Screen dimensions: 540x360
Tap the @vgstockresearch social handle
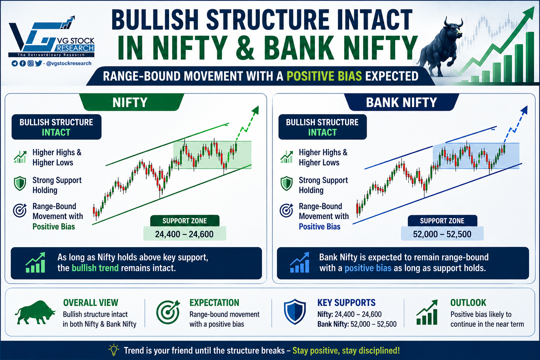(x=69, y=63)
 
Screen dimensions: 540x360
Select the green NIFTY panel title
(x=130, y=102)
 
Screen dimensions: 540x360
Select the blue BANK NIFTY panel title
(x=401, y=102)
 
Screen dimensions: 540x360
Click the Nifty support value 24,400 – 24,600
(x=185, y=234)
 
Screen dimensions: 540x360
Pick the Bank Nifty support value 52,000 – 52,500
(x=442, y=234)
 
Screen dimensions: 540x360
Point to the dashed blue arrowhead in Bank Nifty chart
(x=524, y=110)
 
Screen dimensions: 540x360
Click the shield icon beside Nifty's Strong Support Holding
(x=20, y=184)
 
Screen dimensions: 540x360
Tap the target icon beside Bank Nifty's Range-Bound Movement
(x=287, y=210)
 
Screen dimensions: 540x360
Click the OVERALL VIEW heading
(x=91, y=303)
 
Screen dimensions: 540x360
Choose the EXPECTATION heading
(x=214, y=303)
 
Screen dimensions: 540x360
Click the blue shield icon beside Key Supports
(x=295, y=312)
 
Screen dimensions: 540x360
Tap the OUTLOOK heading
(x=468, y=303)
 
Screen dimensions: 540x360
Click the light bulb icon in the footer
(x=114, y=350)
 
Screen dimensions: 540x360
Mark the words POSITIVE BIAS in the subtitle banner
(x=324, y=76)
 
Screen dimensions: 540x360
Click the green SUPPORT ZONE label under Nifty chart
(x=185, y=221)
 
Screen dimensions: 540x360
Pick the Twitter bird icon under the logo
(x=39, y=63)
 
